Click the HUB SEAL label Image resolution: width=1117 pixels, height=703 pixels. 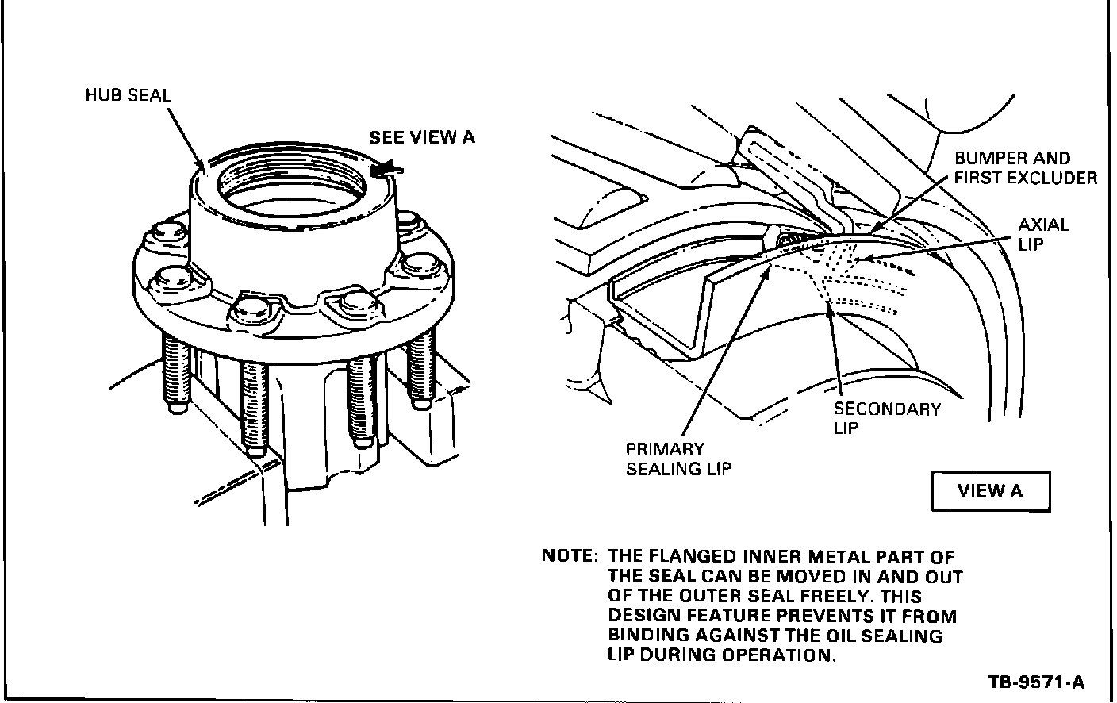tap(128, 96)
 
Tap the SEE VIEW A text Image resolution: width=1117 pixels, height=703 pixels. tap(421, 137)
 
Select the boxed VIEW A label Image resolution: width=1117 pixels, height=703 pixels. tap(990, 490)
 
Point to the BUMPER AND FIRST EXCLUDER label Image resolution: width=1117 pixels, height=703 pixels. tap(1024, 168)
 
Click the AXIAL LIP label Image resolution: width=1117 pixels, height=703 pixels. tap(1042, 234)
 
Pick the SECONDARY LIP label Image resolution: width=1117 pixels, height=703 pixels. tap(886, 419)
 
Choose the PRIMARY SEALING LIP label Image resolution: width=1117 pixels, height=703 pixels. tap(678, 459)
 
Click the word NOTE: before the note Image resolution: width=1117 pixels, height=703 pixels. tap(568, 556)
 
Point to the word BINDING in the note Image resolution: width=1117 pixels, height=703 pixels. tap(648, 636)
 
